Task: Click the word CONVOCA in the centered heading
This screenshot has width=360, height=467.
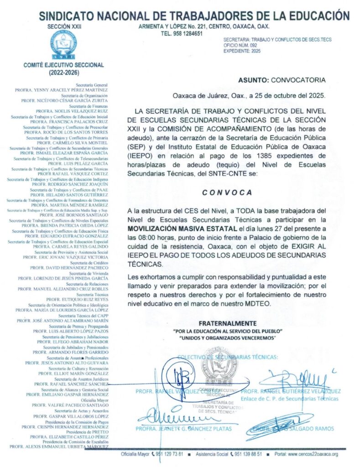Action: (227, 192)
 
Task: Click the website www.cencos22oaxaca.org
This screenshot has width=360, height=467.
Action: (313, 454)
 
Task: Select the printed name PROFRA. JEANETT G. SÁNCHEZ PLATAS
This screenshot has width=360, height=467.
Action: (183, 429)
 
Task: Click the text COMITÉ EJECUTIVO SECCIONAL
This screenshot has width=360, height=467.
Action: (63, 65)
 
